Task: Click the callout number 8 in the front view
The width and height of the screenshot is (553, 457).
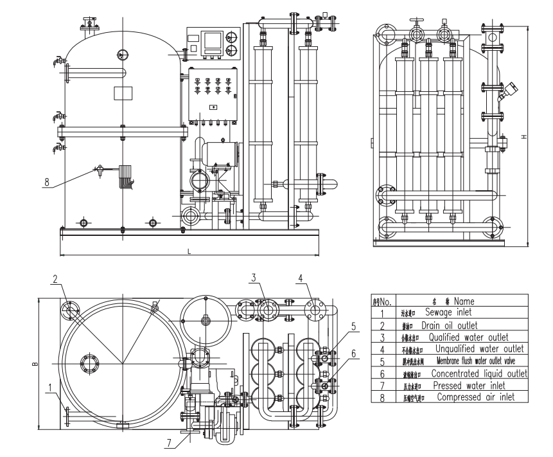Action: point(46,182)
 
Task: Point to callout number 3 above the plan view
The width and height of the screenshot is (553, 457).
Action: point(254,278)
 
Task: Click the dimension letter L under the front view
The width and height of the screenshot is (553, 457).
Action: point(189,250)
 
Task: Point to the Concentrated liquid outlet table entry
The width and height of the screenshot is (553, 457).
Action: point(478,373)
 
